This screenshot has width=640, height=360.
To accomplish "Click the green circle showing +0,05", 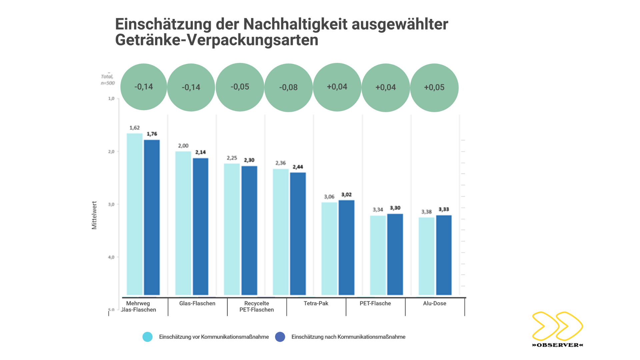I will pyautogui.click(x=434, y=87).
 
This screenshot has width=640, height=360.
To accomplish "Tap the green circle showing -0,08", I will pyautogui.click(x=288, y=87).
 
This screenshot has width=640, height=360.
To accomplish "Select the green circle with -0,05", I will pyautogui.click(x=240, y=87).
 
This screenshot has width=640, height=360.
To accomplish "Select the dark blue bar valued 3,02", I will pyautogui.click(x=346, y=247).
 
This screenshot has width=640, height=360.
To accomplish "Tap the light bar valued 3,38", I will pyautogui.click(x=426, y=256).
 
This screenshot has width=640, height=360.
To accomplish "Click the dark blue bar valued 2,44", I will pyautogui.click(x=298, y=233).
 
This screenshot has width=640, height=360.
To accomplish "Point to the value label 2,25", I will pyautogui.click(x=232, y=158).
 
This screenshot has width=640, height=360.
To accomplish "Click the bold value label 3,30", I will pyautogui.click(x=395, y=208).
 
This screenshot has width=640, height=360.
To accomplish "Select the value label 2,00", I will pyautogui.click(x=183, y=146).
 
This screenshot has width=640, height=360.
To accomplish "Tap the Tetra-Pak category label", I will pyautogui.click(x=316, y=303).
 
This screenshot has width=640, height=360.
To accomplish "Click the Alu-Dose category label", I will pyautogui.click(x=434, y=303).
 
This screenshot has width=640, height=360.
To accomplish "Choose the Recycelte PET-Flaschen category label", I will pyautogui.click(x=256, y=306).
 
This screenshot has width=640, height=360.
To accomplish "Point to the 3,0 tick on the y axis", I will pyautogui.click(x=111, y=204).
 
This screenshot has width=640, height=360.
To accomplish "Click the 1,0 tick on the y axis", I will pyautogui.click(x=111, y=99).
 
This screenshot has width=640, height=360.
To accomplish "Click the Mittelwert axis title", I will pyautogui.click(x=94, y=215).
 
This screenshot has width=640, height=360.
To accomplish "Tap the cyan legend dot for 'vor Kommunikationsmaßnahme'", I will pyautogui.click(x=147, y=337).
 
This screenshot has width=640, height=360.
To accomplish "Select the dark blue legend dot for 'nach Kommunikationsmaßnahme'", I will pyautogui.click(x=280, y=337).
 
